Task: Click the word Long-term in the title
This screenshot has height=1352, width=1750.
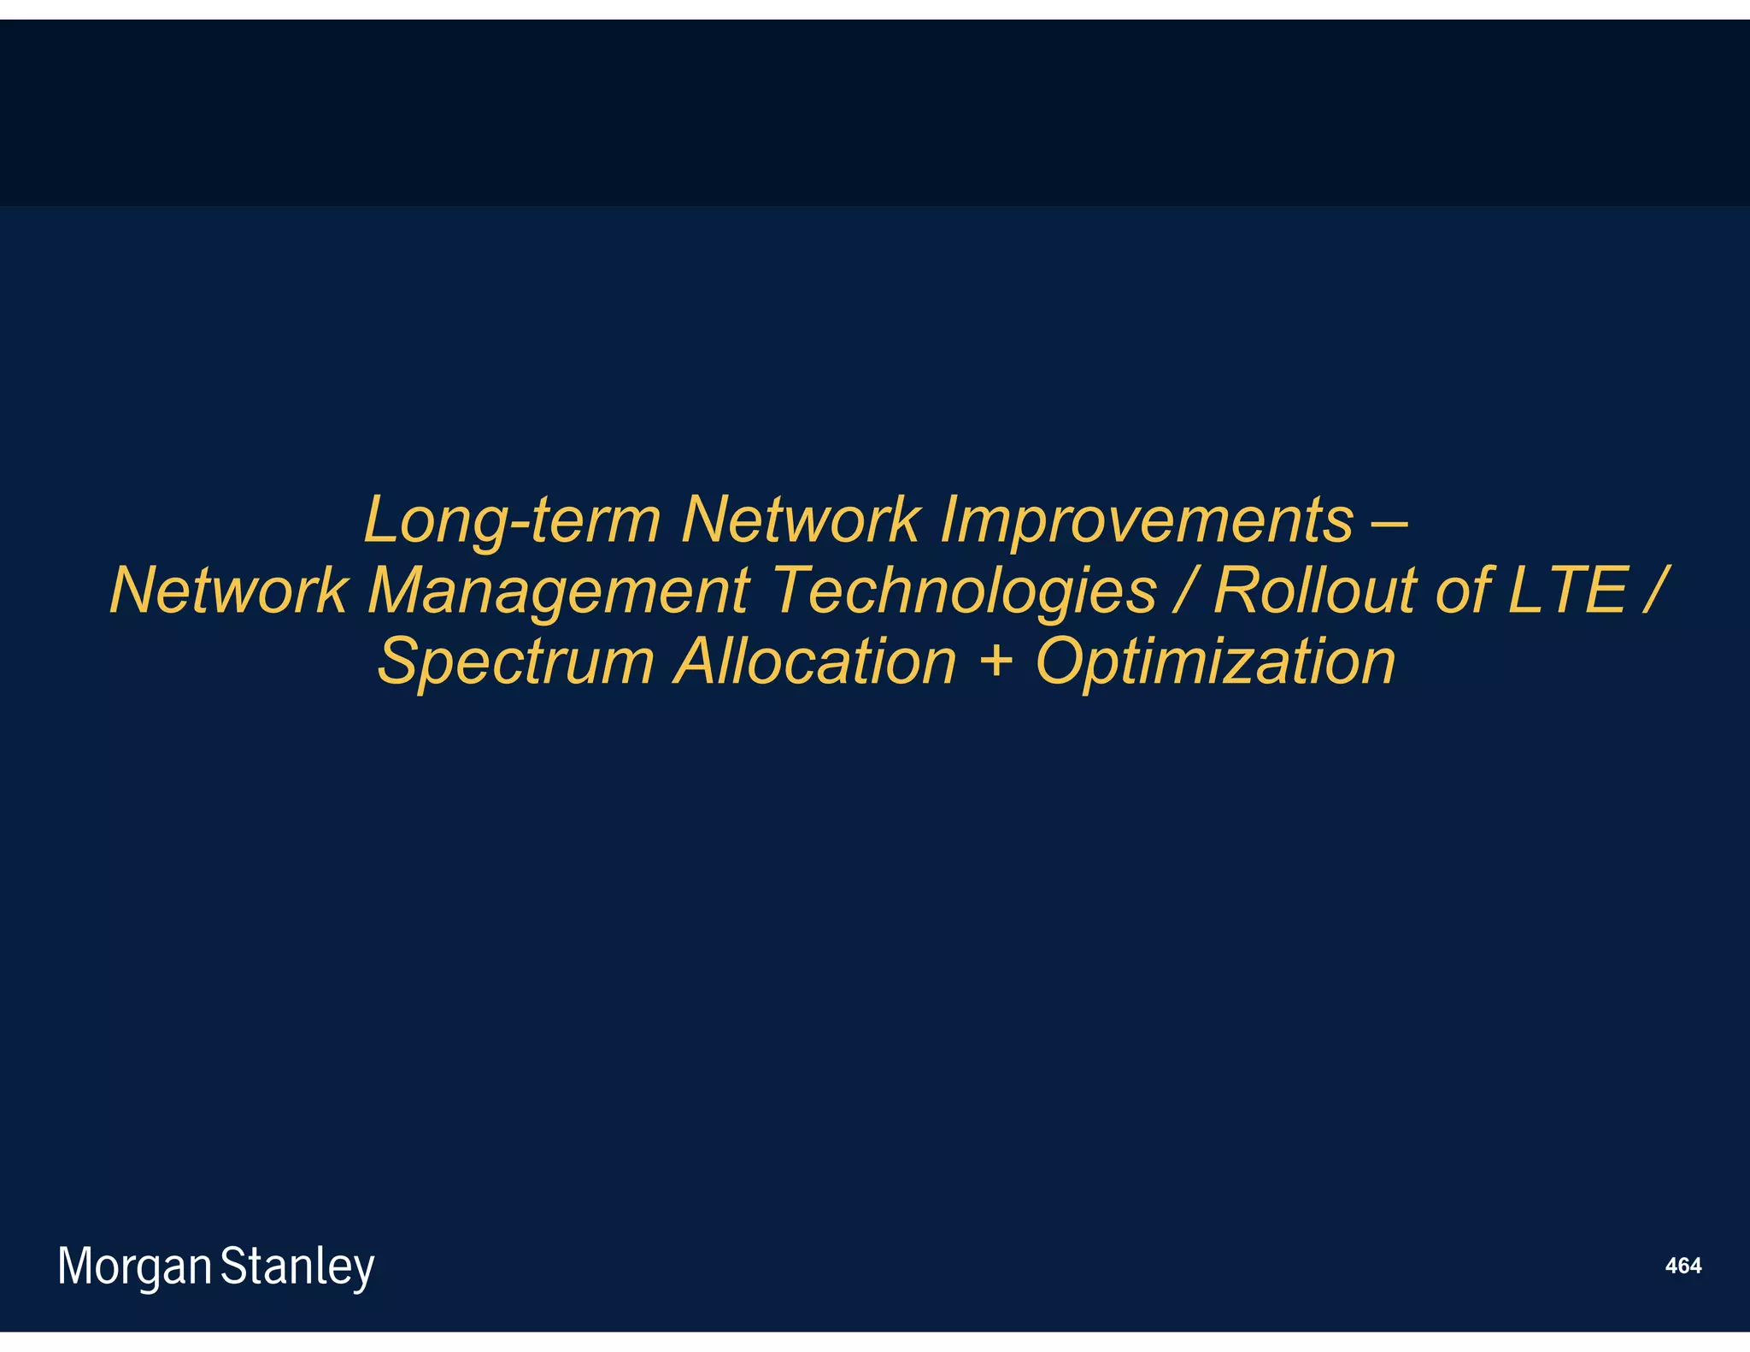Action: (x=512, y=521)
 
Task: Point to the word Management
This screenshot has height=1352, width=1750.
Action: (x=559, y=592)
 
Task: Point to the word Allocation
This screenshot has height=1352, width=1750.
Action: (x=815, y=661)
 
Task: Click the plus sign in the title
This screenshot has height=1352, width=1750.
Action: (x=995, y=663)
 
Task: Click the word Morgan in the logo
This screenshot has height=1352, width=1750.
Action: (x=134, y=1267)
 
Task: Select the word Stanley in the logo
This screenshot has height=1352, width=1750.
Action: (x=297, y=1267)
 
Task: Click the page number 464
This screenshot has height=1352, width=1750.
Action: (x=1682, y=1267)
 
